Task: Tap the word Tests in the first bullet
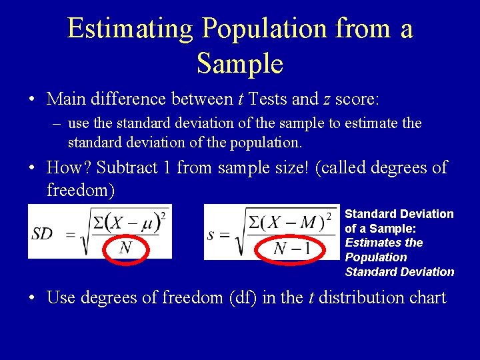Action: pos(265,99)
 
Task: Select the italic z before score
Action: pos(327,100)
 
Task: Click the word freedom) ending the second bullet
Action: pos(81,191)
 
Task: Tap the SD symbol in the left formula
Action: pos(43,233)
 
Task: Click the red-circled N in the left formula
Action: pos(125,248)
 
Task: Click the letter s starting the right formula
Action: pos(211,233)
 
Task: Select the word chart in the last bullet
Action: pos(424,297)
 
